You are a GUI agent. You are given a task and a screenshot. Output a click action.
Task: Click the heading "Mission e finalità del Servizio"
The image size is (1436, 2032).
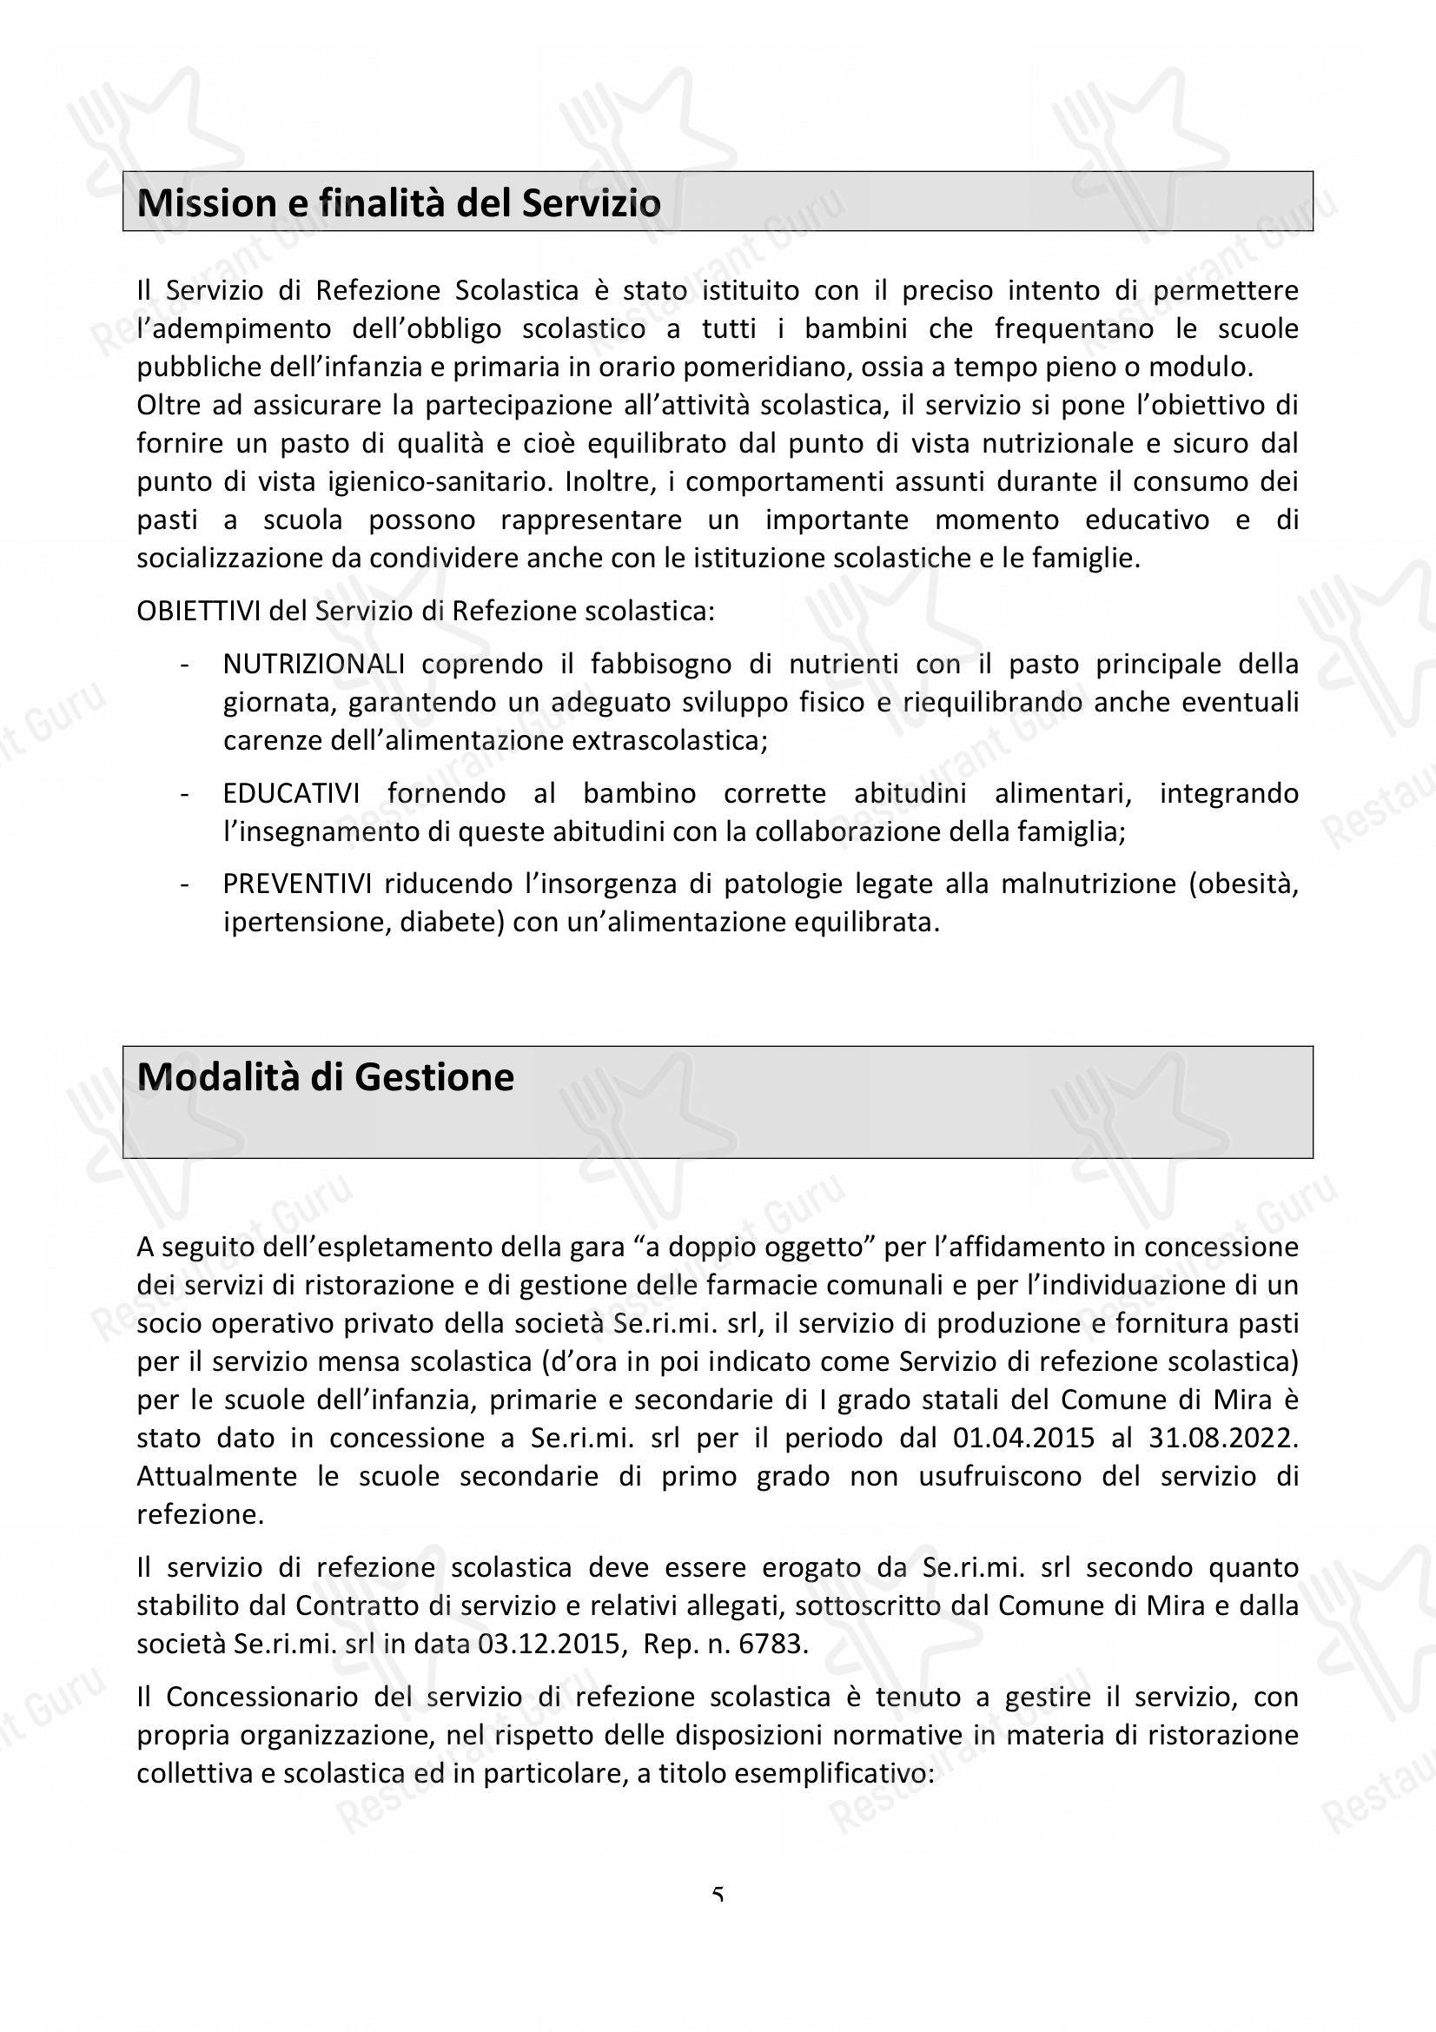(x=399, y=203)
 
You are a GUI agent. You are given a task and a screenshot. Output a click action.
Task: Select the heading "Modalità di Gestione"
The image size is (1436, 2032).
(x=326, y=1077)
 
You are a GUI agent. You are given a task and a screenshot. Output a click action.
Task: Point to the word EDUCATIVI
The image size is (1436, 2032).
(x=291, y=793)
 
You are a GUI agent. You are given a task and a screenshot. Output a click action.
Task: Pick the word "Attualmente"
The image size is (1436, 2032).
(x=217, y=1476)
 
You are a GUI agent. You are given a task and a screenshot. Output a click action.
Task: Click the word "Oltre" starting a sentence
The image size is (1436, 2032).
(x=166, y=406)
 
